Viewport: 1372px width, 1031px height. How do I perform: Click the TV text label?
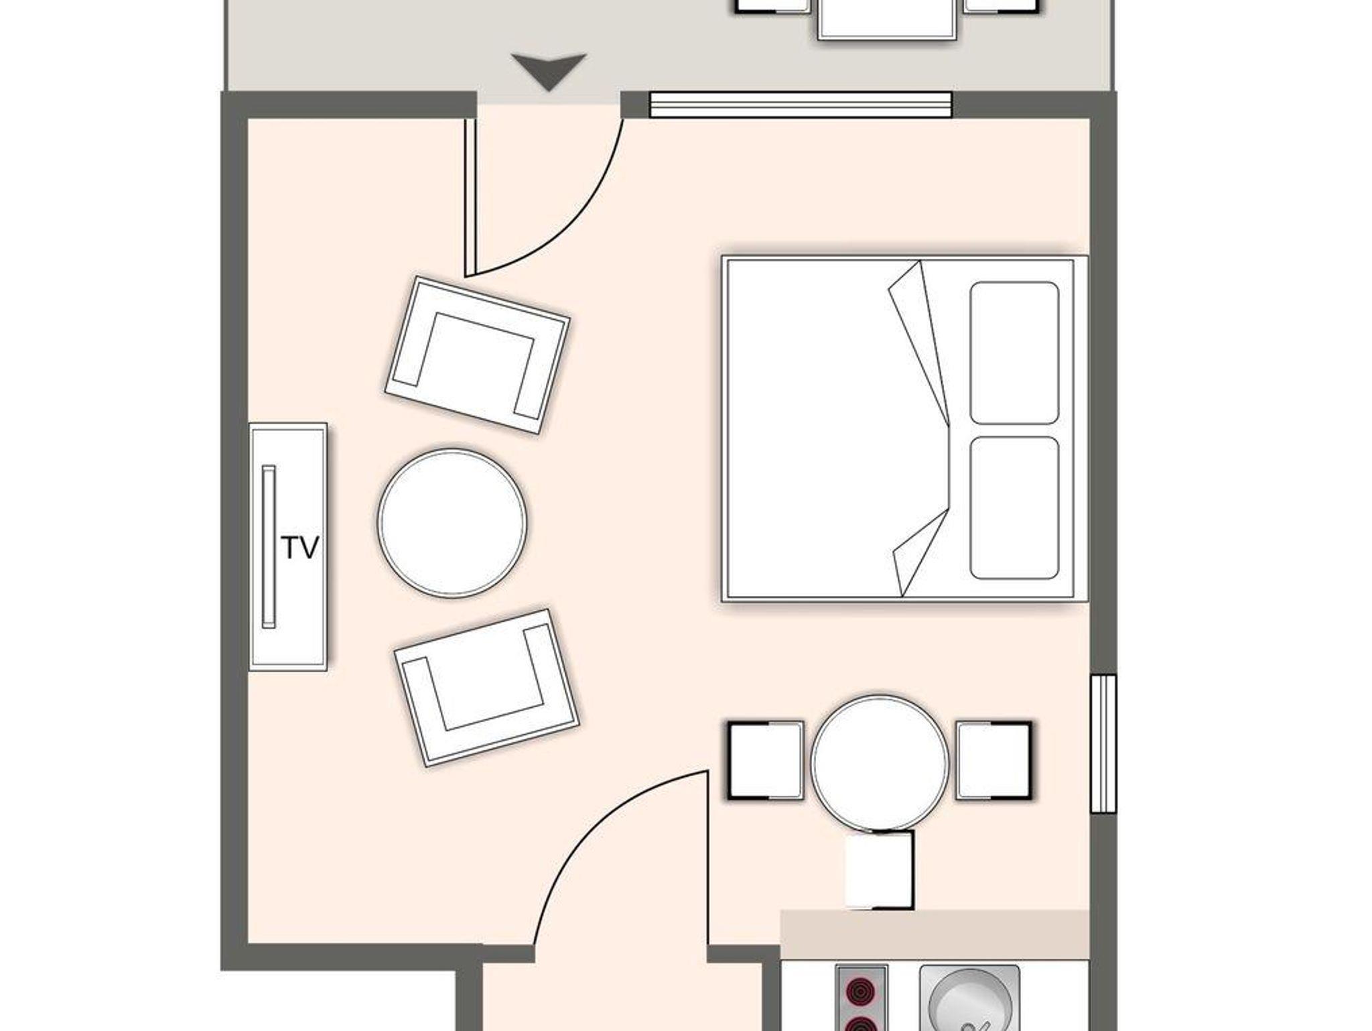click(299, 548)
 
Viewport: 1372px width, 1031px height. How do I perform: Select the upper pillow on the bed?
click(1014, 353)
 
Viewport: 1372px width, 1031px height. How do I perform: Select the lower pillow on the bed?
click(1014, 508)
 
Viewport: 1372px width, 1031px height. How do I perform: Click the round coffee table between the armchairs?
click(452, 523)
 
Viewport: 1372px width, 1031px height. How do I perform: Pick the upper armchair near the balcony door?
click(478, 355)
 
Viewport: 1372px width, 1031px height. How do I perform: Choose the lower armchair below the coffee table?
click(486, 688)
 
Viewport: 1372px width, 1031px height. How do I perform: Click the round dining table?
click(880, 763)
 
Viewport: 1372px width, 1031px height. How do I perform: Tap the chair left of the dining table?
click(766, 760)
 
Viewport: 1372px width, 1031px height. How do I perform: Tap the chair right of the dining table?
click(993, 760)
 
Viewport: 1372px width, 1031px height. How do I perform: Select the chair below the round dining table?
click(880, 870)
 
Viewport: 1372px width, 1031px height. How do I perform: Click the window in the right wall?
click(1103, 743)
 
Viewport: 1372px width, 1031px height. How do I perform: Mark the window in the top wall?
click(801, 105)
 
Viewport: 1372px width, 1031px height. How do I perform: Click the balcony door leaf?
click(470, 196)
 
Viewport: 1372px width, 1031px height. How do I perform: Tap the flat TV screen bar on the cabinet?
click(269, 546)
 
